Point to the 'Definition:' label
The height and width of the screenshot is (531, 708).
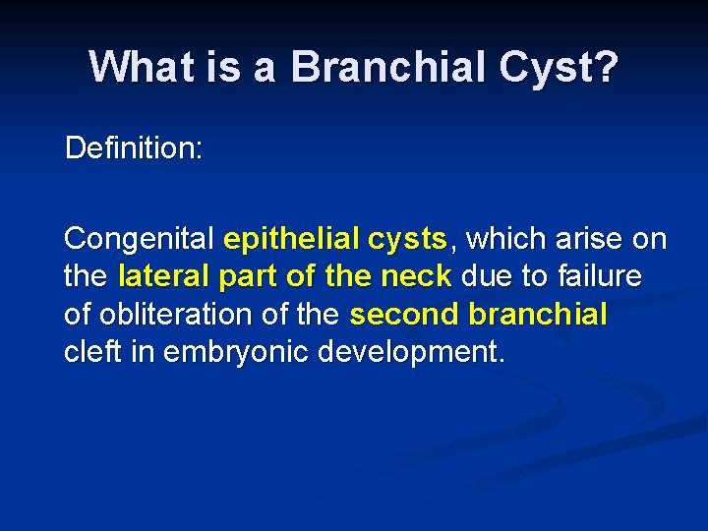134,148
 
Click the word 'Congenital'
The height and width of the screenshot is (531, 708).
139,239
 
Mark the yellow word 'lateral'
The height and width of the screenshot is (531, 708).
164,277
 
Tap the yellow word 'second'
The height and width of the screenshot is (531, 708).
404,315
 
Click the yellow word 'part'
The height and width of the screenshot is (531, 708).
249,277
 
